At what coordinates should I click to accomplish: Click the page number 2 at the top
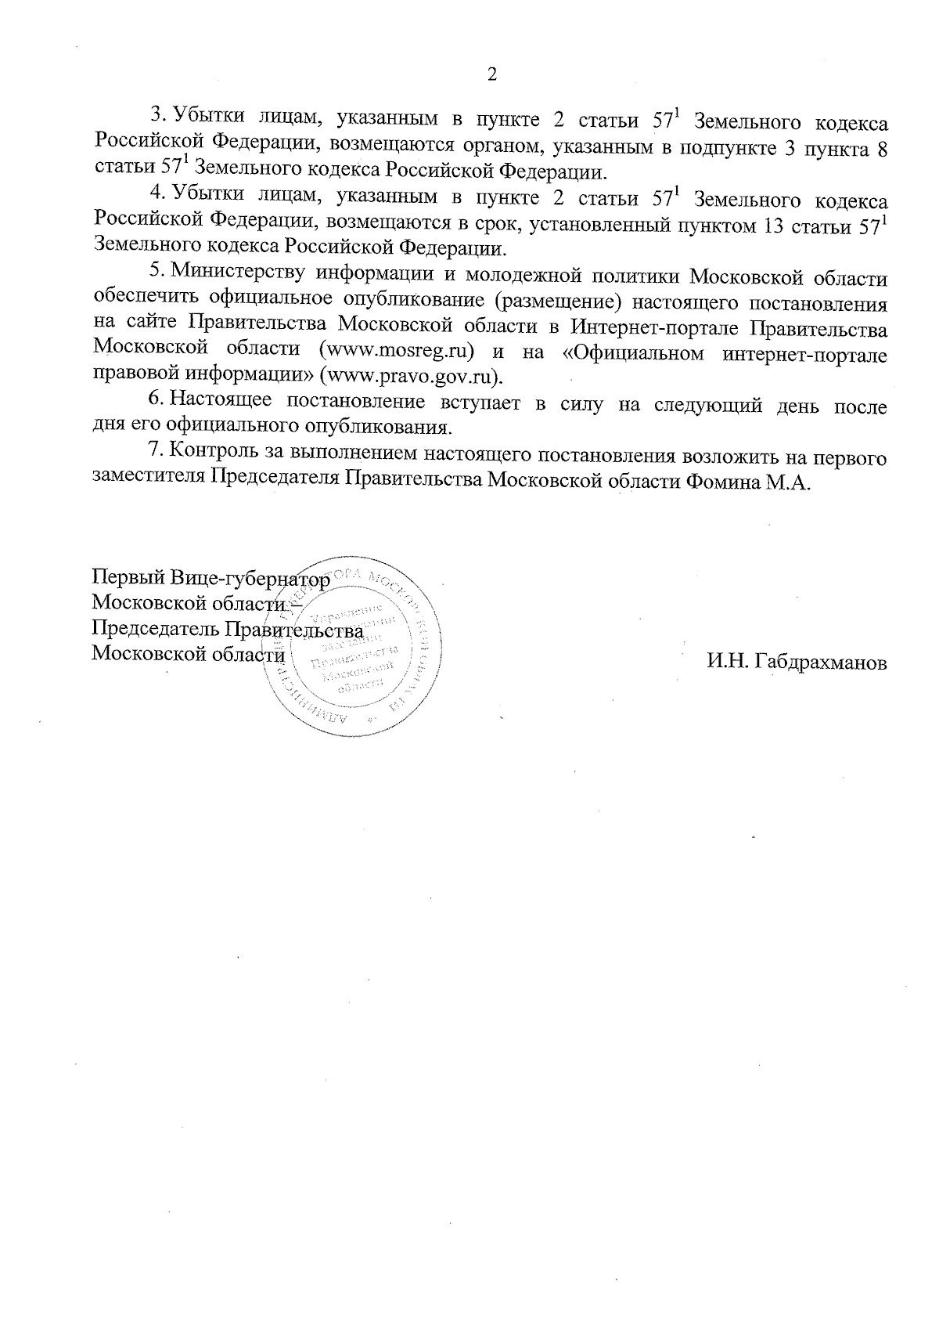pyautogui.click(x=491, y=74)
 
